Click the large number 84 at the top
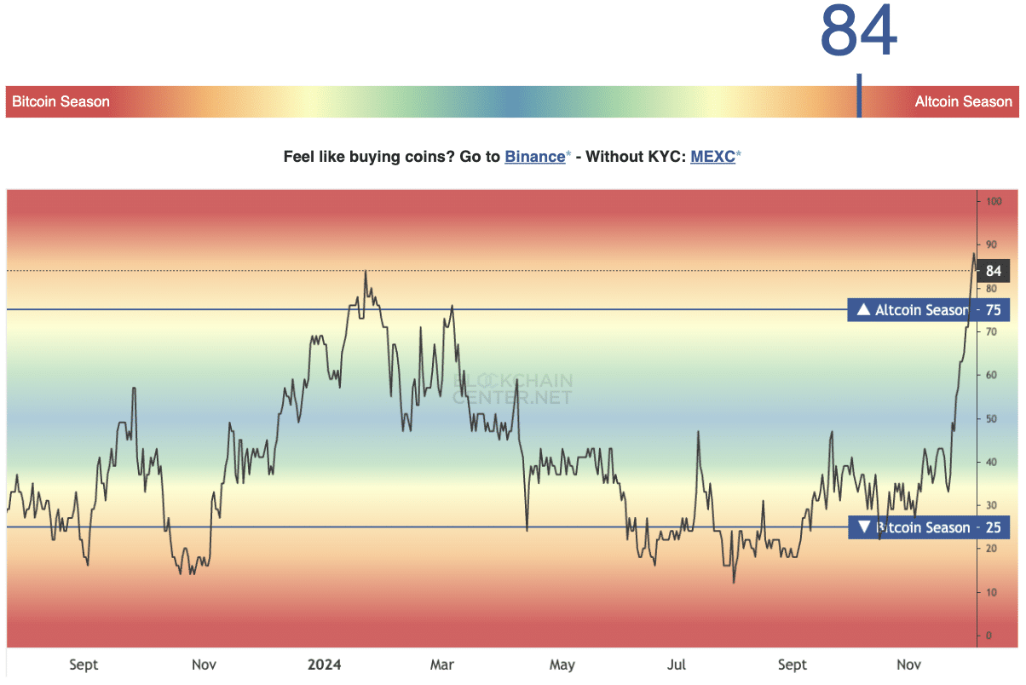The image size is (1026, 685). [859, 32]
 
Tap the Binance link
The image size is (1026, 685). [534, 157]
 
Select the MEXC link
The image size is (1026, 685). [712, 157]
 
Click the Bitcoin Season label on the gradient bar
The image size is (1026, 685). [61, 102]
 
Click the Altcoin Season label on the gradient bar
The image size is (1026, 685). [963, 102]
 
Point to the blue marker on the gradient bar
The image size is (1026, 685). [859, 96]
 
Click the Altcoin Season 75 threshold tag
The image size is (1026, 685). [928, 310]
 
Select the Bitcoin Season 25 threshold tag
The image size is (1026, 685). [928, 528]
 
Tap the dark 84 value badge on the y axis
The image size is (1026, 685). [993, 272]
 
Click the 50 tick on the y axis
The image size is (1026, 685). [992, 419]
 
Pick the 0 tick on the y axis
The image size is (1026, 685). [989, 636]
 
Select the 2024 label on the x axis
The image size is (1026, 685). [323, 665]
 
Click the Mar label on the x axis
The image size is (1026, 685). [442, 665]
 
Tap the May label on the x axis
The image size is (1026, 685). [562, 665]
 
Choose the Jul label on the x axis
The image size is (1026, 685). [677, 665]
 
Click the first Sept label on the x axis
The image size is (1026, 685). [84, 665]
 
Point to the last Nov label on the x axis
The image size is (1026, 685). [909, 665]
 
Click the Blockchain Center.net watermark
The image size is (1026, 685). [513, 389]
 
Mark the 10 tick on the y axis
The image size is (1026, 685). [992, 592]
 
